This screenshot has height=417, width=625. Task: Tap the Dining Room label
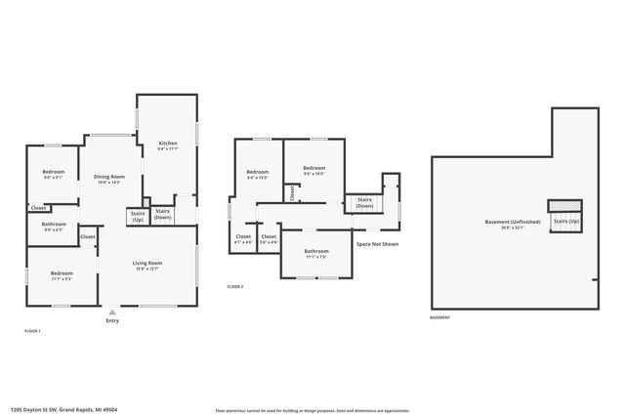click(109, 179)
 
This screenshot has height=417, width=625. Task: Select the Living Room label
click(147, 265)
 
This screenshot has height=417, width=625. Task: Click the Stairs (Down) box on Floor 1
click(163, 214)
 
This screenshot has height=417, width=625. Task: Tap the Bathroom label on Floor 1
click(53, 228)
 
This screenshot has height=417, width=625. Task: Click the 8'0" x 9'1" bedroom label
click(53, 174)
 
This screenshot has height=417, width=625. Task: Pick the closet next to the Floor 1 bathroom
click(38, 208)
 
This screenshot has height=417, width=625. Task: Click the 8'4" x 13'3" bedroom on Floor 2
click(258, 175)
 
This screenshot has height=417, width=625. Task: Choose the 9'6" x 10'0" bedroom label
click(313, 171)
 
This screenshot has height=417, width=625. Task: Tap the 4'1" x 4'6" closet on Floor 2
click(243, 238)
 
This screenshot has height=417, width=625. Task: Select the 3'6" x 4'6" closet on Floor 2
click(269, 238)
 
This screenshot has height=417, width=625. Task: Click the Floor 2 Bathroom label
click(315, 254)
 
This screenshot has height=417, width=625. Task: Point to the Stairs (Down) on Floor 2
click(364, 203)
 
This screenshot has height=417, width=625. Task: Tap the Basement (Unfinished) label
click(505, 224)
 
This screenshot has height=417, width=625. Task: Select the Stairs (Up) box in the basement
click(565, 220)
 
